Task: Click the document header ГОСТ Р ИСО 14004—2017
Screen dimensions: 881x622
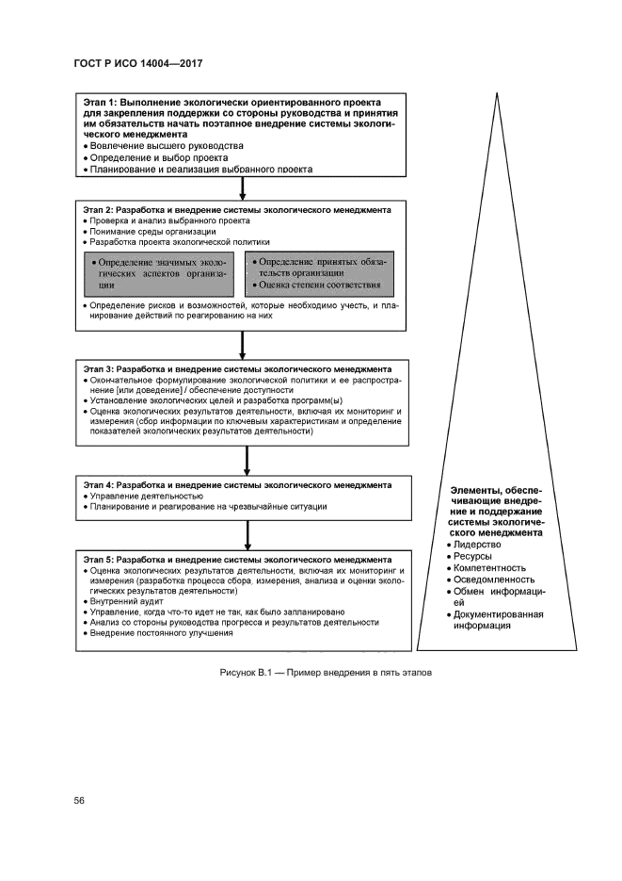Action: coord(138,63)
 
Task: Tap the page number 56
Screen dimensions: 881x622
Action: coord(80,800)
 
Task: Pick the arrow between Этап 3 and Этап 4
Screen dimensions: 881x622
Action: coord(246,460)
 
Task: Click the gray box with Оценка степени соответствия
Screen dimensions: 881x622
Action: coord(319,272)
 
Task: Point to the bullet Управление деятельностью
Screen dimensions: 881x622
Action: coord(146,496)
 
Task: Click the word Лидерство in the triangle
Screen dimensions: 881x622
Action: coord(477,545)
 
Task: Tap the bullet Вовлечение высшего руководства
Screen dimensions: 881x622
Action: coord(166,146)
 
